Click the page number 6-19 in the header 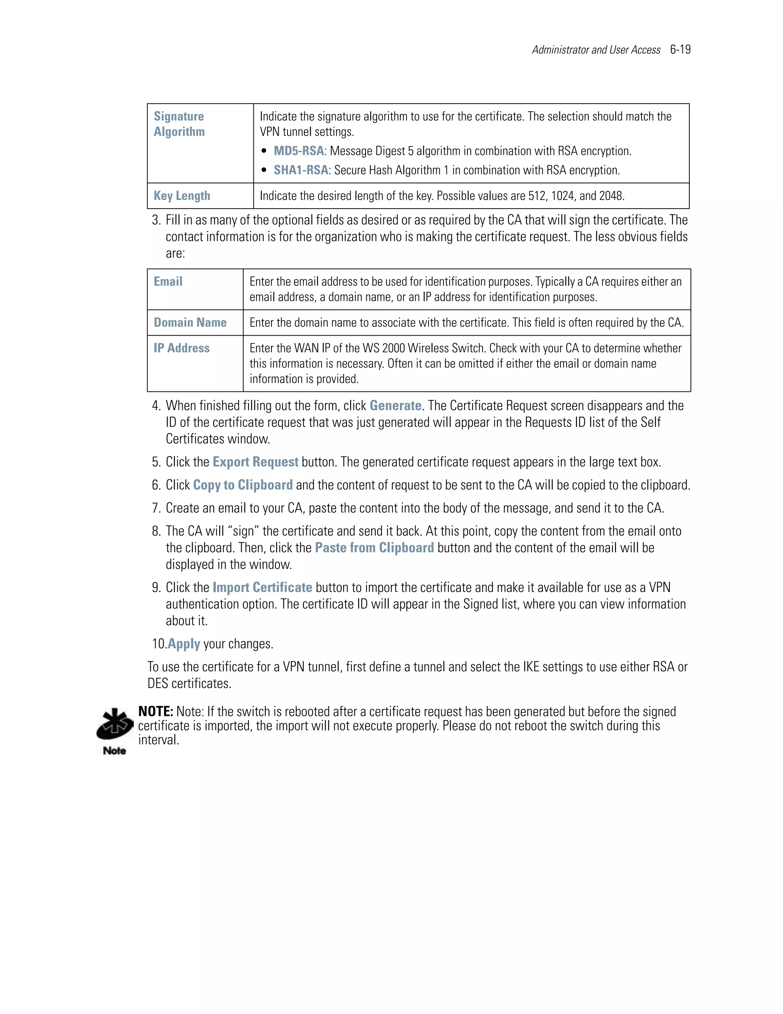click(680, 50)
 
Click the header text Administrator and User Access click(596, 50)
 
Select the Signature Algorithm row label click(179, 124)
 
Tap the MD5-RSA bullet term click(299, 151)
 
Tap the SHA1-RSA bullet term click(301, 170)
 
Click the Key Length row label click(182, 196)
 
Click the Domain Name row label click(190, 322)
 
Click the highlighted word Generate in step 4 click(395, 405)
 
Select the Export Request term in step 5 click(255, 461)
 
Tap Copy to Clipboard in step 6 click(243, 485)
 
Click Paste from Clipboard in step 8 click(374, 548)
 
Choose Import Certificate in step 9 click(262, 587)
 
